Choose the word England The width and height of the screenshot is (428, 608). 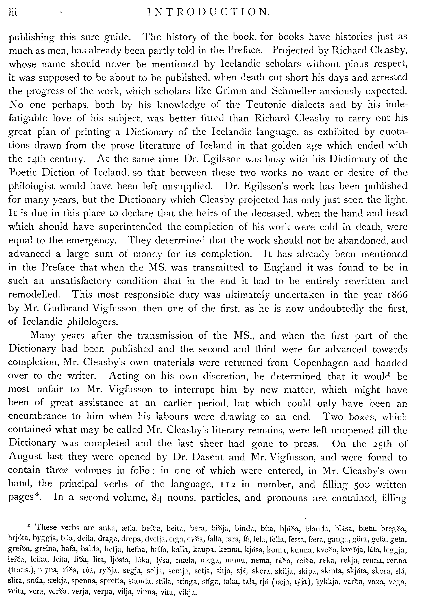[x=282, y=268]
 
